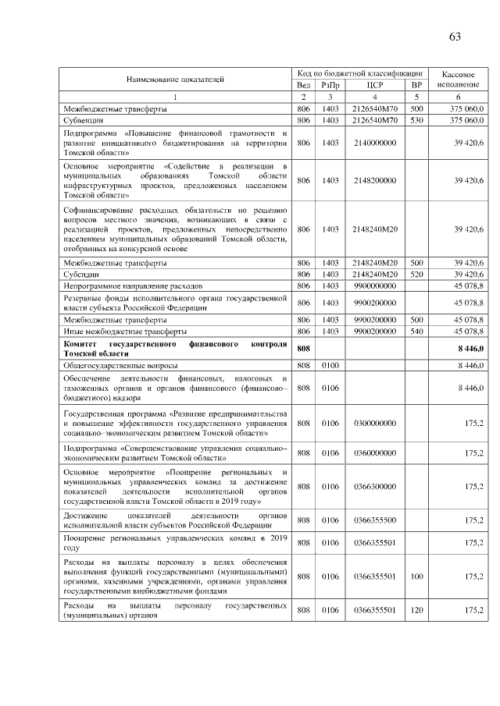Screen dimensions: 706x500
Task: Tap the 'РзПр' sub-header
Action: tap(330, 84)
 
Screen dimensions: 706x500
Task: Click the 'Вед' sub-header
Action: tap(304, 84)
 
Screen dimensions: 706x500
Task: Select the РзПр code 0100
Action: tap(330, 365)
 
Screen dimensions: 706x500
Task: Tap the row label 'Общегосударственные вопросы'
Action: tap(120, 365)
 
